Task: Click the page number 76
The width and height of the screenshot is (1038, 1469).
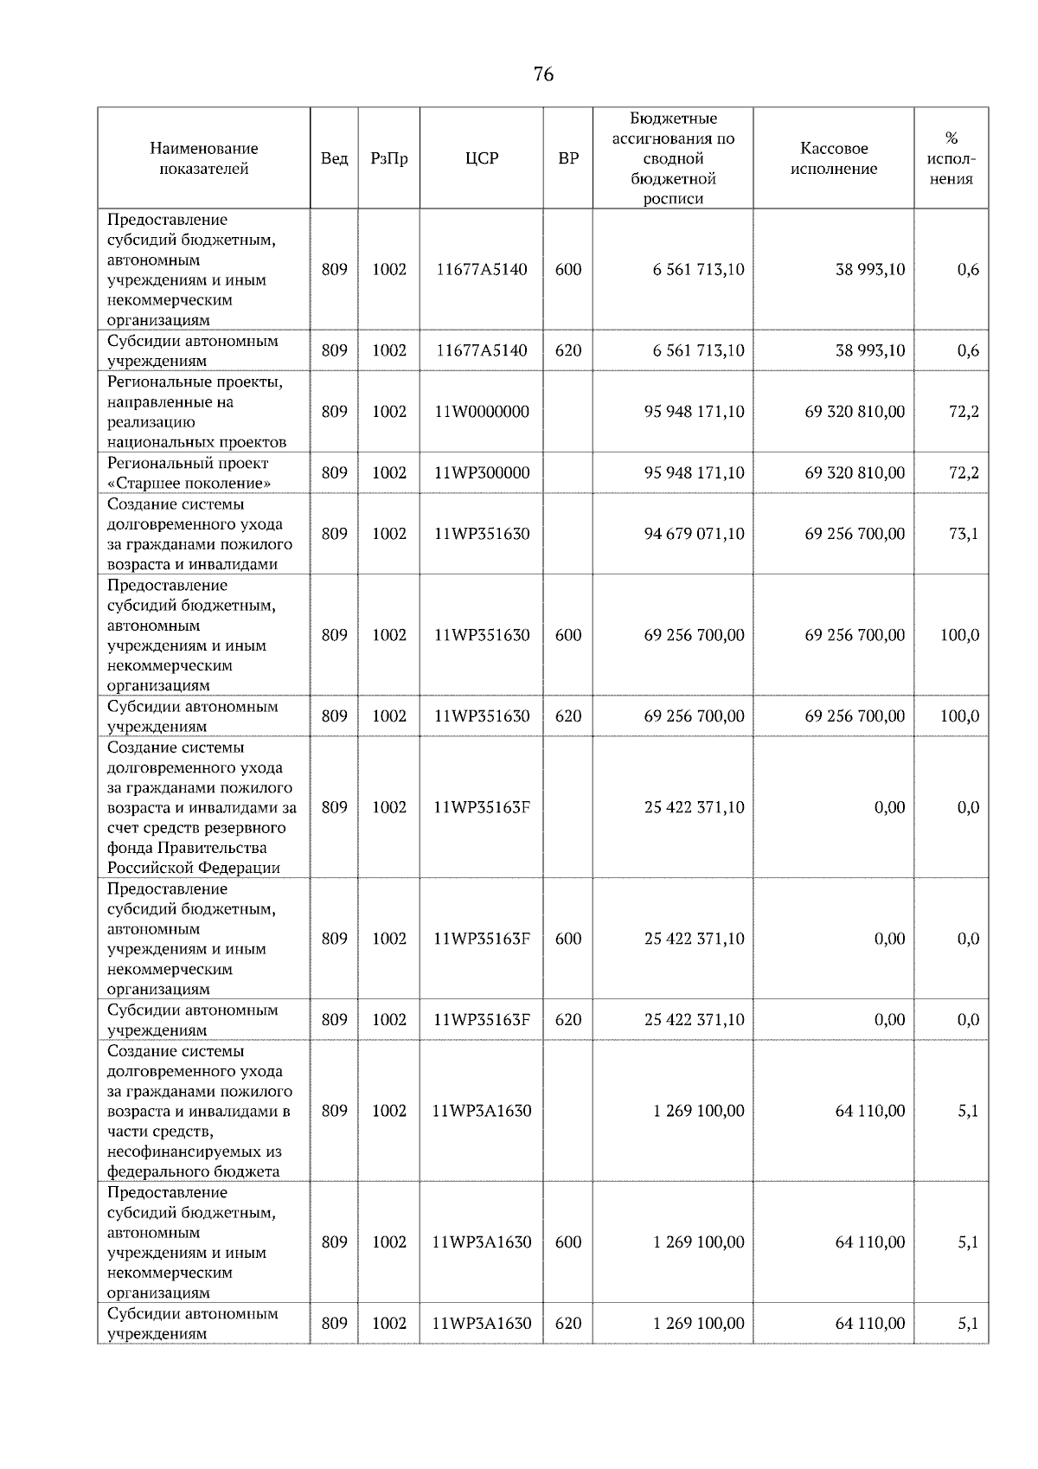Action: pos(543,74)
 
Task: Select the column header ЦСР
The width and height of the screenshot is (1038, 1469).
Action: pos(482,159)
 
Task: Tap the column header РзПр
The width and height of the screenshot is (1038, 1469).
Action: pos(389,159)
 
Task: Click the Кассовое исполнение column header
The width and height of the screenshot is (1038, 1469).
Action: pos(833,159)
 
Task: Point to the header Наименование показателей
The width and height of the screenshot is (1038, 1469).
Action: pos(203,159)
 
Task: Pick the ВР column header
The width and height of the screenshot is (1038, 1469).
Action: pos(568,159)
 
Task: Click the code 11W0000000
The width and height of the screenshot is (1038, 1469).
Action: pos(482,412)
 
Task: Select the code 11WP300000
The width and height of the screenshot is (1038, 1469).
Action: pos(482,473)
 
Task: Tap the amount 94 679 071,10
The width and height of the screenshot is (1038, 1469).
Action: pos(694,534)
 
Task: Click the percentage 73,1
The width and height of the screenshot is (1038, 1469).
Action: pos(963,534)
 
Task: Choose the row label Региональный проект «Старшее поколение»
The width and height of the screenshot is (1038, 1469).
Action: pos(189,473)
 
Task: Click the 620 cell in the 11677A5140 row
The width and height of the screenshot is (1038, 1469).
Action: pos(568,350)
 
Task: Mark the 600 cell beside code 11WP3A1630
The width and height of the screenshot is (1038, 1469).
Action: pos(568,1242)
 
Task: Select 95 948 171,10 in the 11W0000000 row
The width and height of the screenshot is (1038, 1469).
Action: pos(694,412)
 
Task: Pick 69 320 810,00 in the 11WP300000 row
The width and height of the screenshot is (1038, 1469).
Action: pos(855,473)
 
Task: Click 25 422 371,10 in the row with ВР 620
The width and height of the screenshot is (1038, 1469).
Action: pos(694,1020)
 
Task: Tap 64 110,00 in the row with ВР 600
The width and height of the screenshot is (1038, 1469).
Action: pos(870,1242)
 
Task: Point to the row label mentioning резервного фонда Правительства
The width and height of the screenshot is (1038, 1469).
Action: pos(201,807)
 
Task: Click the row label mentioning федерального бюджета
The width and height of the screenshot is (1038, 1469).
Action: pos(199,1111)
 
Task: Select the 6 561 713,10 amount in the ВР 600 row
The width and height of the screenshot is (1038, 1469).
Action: pos(698,270)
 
